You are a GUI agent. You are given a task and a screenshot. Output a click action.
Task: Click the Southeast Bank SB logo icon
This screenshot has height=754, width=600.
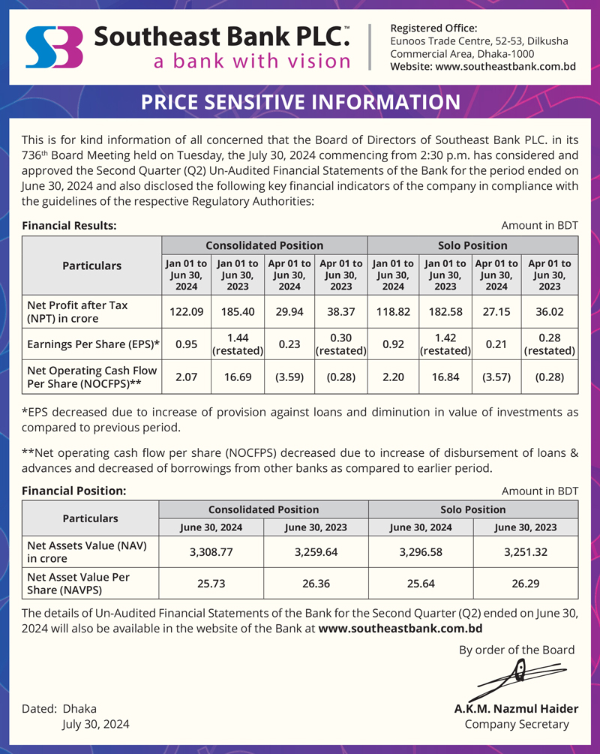[x=53, y=47]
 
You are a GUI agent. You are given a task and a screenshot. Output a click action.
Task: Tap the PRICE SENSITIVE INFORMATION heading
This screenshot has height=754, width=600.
[x=300, y=103]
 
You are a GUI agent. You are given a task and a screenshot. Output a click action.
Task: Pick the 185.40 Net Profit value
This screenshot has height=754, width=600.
[x=237, y=311]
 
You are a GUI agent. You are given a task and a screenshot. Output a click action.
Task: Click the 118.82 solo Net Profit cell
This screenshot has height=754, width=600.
[x=392, y=311]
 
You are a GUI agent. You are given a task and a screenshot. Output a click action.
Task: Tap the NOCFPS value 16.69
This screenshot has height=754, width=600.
[x=237, y=377]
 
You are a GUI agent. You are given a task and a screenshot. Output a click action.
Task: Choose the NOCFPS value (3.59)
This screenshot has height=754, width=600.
[x=289, y=377]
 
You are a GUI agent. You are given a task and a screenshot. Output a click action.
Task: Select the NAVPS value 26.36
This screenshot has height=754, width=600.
[x=316, y=582]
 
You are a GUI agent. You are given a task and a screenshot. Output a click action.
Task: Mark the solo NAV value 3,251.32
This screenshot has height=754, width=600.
[x=525, y=551]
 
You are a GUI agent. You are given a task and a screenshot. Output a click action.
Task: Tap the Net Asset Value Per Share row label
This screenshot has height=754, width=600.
[x=78, y=583]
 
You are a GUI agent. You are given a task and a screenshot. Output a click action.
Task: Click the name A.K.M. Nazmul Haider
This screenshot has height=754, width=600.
[x=516, y=708]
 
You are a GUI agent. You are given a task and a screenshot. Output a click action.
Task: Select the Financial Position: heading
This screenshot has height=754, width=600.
[x=73, y=491]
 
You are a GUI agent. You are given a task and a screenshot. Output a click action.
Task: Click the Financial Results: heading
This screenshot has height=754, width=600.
[x=69, y=225]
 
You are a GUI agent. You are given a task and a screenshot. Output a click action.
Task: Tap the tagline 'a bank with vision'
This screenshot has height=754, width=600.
[x=252, y=61]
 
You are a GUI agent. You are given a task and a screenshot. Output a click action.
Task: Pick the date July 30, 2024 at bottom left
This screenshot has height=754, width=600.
[x=95, y=724]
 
